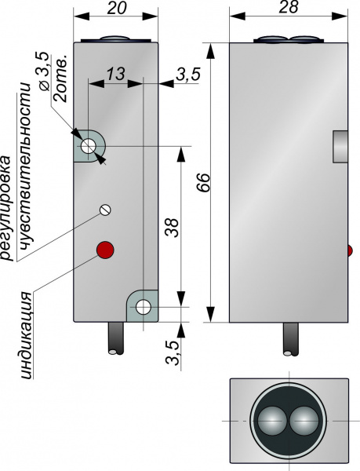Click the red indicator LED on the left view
pyautogui.click(x=105, y=250)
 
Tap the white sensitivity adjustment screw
pyautogui.click(x=105, y=210)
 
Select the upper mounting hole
pyautogui.click(x=89, y=146)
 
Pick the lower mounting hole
pyautogui.click(x=143, y=307)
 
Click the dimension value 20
pyautogui.click(x=116, y=9)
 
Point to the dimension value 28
pyautogui.click(x=289, y=8)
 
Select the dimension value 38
pyautogui.click(x=173, y=228)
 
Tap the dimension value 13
pyautogui.click(x=115, y=74)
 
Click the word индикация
pyautogui.click(x=27, y=334)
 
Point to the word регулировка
pyautogui.click(x=6, y=207)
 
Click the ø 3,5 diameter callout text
pyautogui.click(x=44, y=71)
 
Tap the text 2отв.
pyautogui.click(x=60, y=78)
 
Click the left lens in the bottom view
pyautogui.click(x=272, y=420)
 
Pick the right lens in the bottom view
pyautogui.click(x=305, y=420)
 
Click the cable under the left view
pyautogui.click(x=116, y=338)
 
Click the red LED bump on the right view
pyautogui.click(x=350, y=251)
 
